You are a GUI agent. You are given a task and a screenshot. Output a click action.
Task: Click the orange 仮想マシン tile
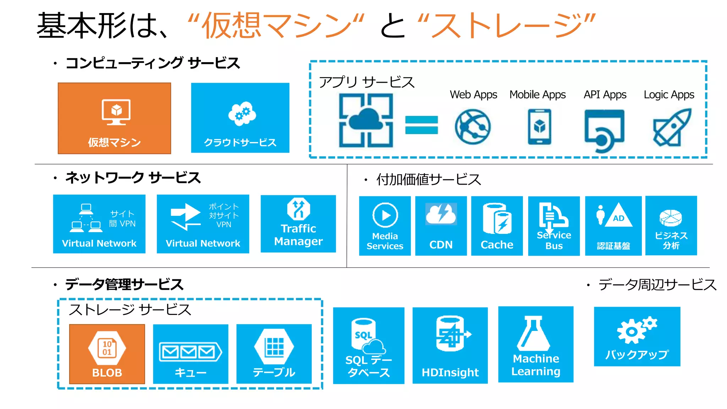[x=114, y=118]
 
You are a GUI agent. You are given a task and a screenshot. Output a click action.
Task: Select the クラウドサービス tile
[x=240, y=118]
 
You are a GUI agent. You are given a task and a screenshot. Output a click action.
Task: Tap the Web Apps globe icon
[x=472, y=127]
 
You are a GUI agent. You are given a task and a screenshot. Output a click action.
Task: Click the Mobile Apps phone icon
[x=539, y=127]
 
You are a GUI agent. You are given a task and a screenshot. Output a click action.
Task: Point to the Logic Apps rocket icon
[x=672, y=127]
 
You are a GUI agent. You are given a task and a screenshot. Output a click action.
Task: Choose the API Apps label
[x=605, y=95]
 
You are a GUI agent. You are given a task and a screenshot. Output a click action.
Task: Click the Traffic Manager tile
[x=298, y=224]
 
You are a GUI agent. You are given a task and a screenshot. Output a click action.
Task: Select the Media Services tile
[x=385, y=226]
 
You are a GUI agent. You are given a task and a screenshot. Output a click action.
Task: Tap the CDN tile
[x=441, y=226]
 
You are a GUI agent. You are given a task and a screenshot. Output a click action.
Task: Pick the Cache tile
[x=497, y=226]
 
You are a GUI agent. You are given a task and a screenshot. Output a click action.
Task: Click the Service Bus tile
[x=554, y=226]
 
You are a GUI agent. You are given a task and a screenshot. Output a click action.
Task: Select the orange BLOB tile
[x=107, y=354]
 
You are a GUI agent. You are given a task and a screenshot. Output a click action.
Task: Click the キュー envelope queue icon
[x=190, y=352]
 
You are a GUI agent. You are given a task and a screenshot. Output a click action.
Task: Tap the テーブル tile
[x=274, y=354]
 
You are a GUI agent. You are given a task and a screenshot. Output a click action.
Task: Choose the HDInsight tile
[x=450, y=345]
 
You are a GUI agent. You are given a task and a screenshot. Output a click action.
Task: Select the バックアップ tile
[x=637, y=337]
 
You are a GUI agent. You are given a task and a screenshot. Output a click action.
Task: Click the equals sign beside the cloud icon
[x=421, y=125]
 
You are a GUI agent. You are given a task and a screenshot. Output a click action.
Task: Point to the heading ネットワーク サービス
[x=133, y=178]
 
